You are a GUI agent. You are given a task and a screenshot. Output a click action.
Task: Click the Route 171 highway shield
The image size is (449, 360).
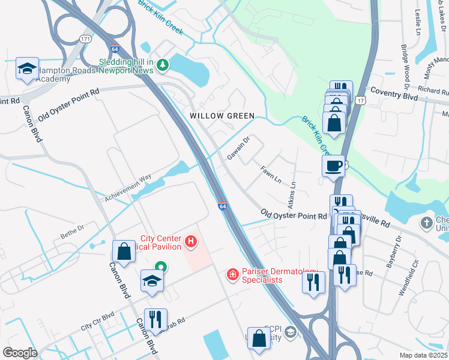pos(85,38)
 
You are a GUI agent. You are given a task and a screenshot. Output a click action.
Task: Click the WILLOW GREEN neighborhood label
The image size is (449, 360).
pos(222,115)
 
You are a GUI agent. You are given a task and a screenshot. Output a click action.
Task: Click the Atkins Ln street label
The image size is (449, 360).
pos(294,193)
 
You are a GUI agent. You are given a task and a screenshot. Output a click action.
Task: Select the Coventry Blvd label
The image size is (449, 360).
pos(393,95)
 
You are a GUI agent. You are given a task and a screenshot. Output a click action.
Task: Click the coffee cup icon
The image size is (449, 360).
pos(333,166)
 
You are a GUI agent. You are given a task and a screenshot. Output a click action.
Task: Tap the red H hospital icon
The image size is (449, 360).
pos(191,242)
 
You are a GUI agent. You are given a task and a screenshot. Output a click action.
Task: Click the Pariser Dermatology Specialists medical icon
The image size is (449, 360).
pos(232,275)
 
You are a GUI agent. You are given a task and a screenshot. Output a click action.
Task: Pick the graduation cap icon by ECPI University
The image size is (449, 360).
pos(291,332)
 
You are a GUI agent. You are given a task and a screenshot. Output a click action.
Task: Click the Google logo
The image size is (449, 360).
pos(20,352)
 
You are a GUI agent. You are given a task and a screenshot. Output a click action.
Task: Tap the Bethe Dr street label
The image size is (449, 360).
pos(73,231)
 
